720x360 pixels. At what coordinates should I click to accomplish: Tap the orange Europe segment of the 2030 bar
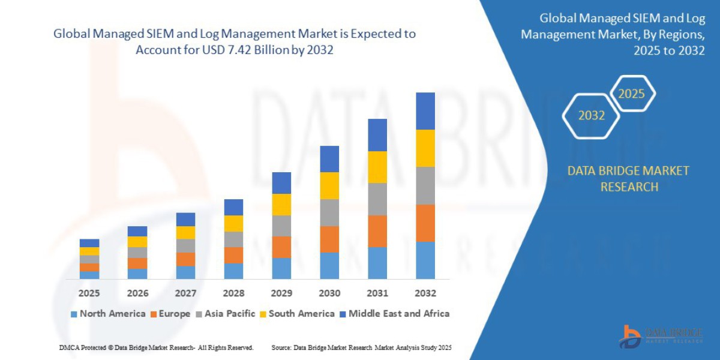[x=329, y=239]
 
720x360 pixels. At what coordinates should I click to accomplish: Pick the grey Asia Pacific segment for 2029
[x=281, y=226]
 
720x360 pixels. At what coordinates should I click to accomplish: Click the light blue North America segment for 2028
[x=233, y=271]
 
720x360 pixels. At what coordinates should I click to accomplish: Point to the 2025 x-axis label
[x=89, y=293]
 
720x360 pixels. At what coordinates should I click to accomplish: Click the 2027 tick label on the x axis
[x=185, y=293]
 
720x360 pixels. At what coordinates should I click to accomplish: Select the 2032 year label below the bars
[x=425, y=293]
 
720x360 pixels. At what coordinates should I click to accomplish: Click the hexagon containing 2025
[x=631, y=94]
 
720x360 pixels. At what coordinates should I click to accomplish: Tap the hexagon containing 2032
[x=592, y=115]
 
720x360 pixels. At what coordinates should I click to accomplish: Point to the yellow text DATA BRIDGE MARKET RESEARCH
[x=628, y=179]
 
